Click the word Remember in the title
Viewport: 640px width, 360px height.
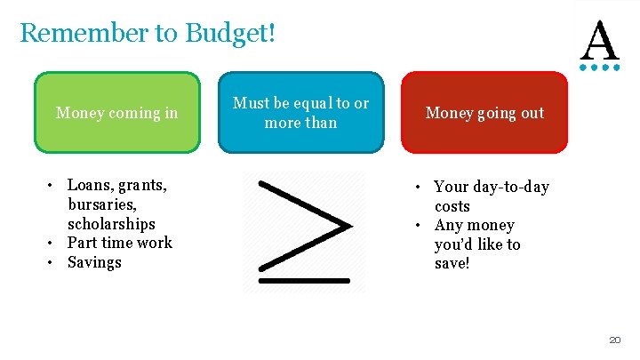click(82, 33)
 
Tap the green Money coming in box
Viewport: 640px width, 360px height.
click(116, 113)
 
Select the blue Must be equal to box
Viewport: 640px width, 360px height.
click(300, 113)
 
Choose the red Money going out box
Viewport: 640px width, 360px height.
click(484, 113)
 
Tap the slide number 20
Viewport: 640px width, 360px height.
click(614, 340)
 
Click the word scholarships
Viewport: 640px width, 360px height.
click(111, 224)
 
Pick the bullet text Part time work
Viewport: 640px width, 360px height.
click(120, 243)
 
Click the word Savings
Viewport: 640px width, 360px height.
click(94, 262)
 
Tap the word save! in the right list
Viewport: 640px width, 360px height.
click(452, 264)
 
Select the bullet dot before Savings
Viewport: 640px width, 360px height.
click(52, 263)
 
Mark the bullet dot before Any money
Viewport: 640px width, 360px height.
click(419, 226)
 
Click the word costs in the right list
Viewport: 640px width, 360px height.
click(452, 206)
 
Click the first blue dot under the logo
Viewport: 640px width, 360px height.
click(584, 66)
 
